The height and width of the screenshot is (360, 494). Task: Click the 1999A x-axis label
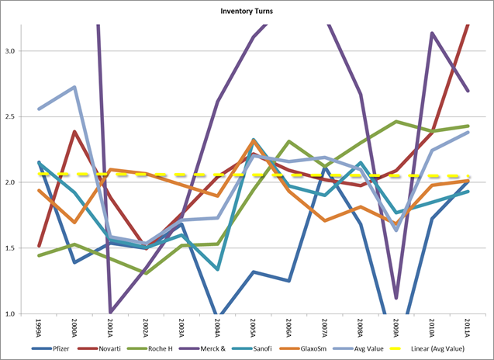pos(39,326)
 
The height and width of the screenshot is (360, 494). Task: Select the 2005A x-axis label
pos(254,326)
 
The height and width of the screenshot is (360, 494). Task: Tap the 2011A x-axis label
pos(468,326)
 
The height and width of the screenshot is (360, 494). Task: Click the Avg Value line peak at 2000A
pos(74,87)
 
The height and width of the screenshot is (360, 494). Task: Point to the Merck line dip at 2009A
pos(396,298)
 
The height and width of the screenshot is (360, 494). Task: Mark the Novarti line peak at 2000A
pos(74,132)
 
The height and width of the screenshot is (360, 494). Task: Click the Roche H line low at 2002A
pos(146,273)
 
